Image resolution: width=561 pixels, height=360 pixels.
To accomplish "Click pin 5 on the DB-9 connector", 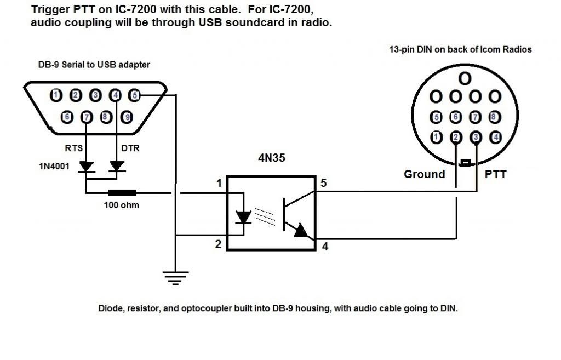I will [134, 95].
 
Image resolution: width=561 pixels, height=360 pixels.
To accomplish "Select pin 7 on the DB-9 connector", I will [86, 117].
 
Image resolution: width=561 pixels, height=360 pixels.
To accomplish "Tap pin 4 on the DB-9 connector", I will [115, 95].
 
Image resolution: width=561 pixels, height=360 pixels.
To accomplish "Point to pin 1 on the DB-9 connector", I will [55, 95].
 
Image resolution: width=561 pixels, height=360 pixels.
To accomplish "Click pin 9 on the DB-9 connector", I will [127, 117].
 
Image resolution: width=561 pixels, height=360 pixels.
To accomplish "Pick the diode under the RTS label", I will [86, 166].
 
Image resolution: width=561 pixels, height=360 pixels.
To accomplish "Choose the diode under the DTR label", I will [116, 166].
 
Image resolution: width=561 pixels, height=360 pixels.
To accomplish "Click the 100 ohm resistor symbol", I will [122, 193].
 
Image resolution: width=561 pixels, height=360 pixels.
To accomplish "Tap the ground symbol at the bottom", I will [175, 278].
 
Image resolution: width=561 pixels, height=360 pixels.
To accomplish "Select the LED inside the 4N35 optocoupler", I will [243, 217].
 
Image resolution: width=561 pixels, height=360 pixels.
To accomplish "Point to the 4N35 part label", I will [272, 159].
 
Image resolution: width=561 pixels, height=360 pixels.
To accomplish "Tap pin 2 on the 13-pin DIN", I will [456, 136].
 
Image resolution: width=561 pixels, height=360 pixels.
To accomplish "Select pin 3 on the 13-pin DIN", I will [476, 136].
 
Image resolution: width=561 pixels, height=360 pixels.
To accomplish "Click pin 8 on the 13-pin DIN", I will [494, 116].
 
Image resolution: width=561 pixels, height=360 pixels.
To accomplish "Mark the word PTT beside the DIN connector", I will [495, 174].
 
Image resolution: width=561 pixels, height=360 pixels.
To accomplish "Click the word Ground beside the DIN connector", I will [424, 174].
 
